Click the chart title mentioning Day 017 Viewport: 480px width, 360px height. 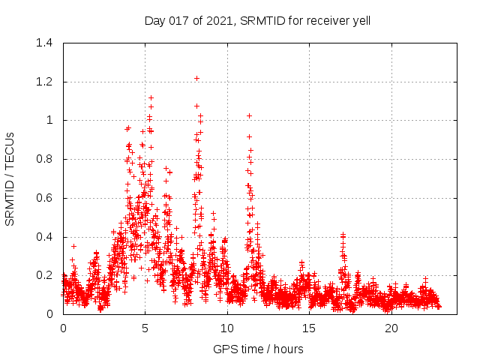click(257, 20)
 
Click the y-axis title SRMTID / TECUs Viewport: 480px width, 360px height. click(10, 178)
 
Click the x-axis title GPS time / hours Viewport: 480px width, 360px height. click(257, 349)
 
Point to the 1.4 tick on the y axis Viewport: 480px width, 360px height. click(46, 43)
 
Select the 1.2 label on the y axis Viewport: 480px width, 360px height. click(46, 82)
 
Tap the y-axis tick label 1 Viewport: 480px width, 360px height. click(51, 120)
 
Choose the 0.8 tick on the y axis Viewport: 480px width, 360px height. click(46, 159)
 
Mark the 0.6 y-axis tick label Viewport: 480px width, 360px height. click(46, 198)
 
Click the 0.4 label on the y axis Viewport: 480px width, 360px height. click(46, 237)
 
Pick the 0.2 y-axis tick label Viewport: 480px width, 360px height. click(46, 275)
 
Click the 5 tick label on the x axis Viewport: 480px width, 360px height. click(145, 328)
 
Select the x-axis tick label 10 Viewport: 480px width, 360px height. click(227, 328)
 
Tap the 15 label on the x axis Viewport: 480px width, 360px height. click(309, 328)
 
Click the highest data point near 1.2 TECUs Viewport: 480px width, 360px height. click(196, 78)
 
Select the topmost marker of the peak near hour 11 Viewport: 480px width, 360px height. click(249, 115)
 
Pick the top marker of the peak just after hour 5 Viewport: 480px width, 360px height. click(151, 97)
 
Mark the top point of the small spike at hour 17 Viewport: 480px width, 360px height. click(343, 234)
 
